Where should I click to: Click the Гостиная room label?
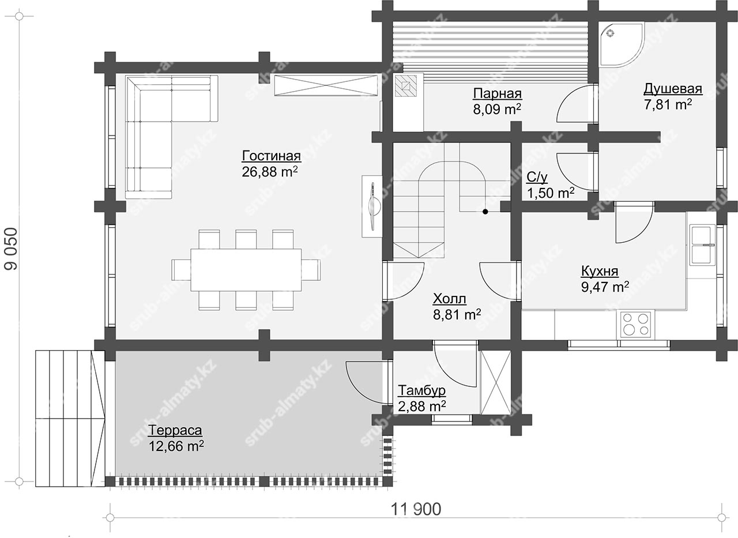271,156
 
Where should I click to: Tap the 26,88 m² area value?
270,171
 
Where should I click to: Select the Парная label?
498,94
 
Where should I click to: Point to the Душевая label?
673,89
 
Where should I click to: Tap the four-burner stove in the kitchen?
635,324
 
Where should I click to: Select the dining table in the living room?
246,270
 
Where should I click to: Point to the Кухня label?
600,272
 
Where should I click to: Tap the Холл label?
449,299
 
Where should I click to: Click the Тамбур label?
421,390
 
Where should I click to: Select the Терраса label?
175,430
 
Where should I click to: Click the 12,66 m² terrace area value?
176,446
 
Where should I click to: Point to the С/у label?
537,177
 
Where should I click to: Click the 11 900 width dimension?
416,509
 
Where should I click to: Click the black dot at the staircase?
485,212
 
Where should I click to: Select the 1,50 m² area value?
551,193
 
